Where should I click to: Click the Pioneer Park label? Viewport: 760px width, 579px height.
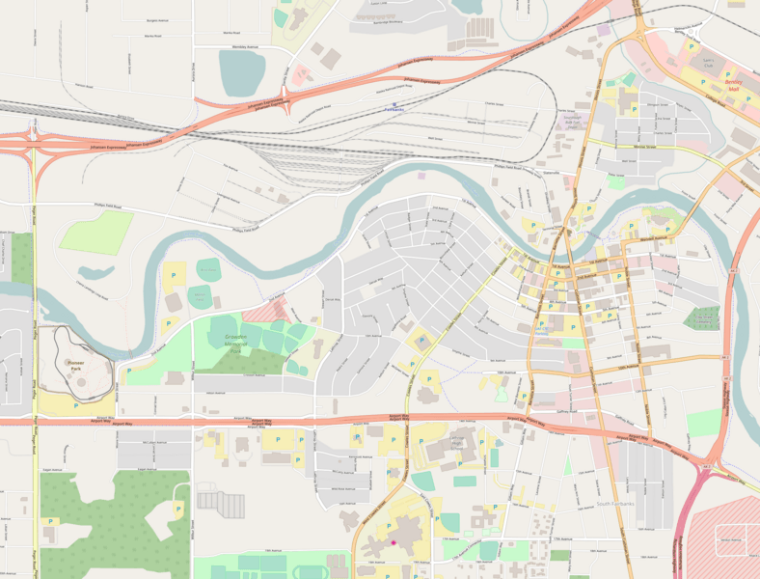click(x=76, y=364)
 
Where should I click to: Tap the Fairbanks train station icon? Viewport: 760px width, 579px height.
click(x=394, y=105)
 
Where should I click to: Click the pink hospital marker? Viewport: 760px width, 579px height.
click(x=394, y=542)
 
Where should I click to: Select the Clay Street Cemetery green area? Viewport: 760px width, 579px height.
click(x=703, y=317)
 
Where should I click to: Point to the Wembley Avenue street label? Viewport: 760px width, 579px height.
click(x=239, y=46)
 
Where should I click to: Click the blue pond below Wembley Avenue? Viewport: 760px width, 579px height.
click(x=241, y=70)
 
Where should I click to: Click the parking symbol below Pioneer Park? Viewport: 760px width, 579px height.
click(x=75, y=406)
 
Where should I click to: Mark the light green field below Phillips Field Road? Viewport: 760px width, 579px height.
click(x=96, y=233)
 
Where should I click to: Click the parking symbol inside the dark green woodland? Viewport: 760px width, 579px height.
click(x=177, y=508)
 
